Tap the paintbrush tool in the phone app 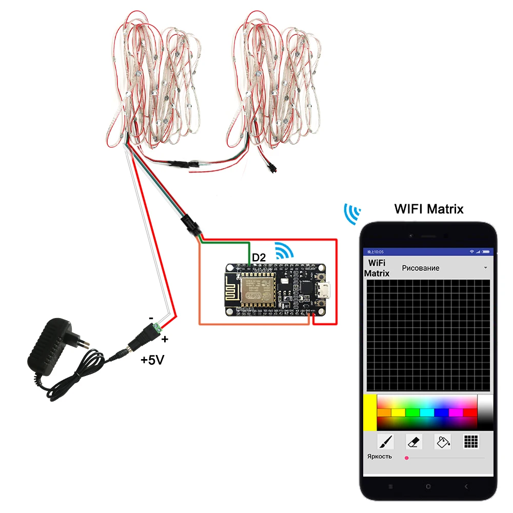(x=385, y=441)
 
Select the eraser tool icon (x=414, y=441)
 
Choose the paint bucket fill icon (x=442, y=441)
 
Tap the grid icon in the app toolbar (x=471, y=441)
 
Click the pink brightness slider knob (x=407, y=457)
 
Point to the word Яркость (x=380, y=457)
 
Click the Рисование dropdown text (x=421, y=268)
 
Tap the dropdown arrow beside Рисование (x=485, y=268)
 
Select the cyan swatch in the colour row (x=427, y=412)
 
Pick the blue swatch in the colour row (x=441, y=412)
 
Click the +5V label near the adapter (x=152, y=360)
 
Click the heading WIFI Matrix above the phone (x=429, y=209)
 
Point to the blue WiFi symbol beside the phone (x=352, y=214)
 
